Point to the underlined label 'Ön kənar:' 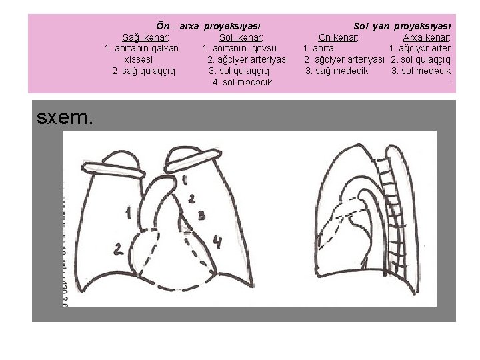339,37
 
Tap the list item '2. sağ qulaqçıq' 144,71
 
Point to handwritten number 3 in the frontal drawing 201,215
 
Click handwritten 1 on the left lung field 127,213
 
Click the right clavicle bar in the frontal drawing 193,157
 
